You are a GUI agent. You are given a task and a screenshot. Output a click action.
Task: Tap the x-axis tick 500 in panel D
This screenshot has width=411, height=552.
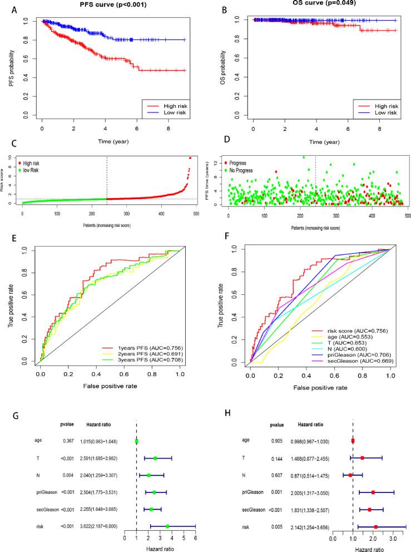pyautogui.click(x=407, y=214)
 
